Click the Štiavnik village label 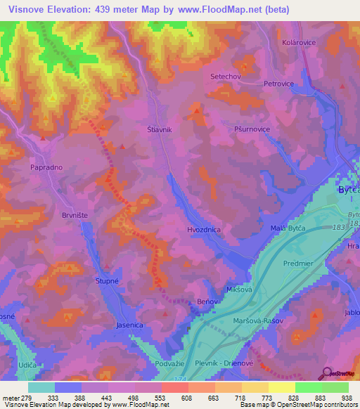point(160,129)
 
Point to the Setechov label point(226,75)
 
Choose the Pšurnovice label point(252,129)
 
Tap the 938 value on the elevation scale point(347,397)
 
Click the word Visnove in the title point(27,10)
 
